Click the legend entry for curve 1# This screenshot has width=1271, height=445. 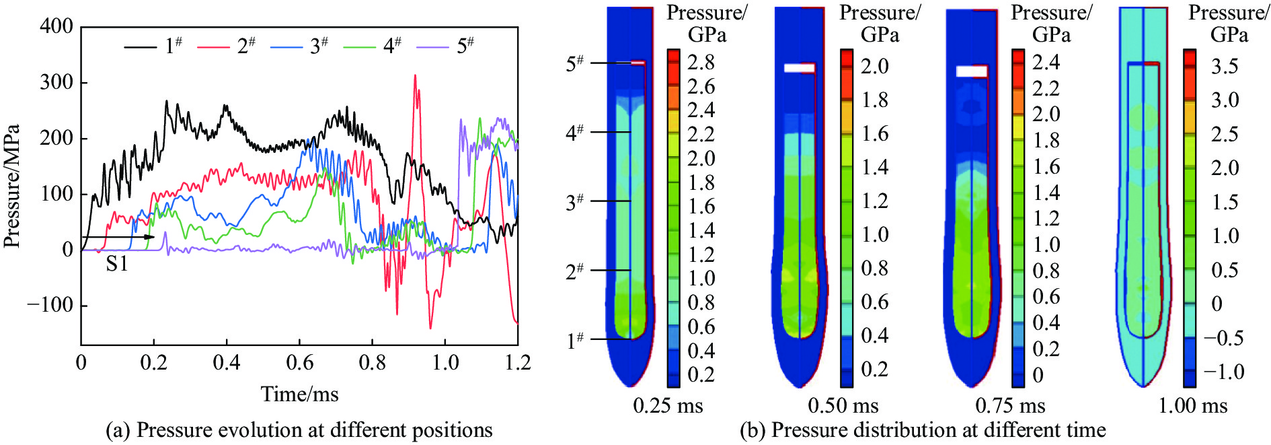pos(153,46)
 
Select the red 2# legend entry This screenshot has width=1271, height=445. pos(226,46)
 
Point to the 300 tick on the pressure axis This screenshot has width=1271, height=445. pos(56,82)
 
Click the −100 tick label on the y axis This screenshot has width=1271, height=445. pos(50,305)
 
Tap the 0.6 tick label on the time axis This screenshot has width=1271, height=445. pos(299,363)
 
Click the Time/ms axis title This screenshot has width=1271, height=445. pos(299,394)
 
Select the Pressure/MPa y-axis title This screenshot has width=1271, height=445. pos(11,186)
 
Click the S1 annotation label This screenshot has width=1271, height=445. pos(117,264)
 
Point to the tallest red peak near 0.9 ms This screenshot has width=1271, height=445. pos(415,76)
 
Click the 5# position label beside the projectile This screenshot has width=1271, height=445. pos(575,63)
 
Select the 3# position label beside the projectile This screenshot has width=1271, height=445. pos(575,201)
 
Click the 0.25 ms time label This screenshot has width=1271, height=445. pos(668,406)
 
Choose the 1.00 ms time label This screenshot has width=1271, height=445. pos(1192,406)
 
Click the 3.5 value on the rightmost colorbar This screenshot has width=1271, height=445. pos(1225,66)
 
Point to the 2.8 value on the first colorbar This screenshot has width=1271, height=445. pos(701,63)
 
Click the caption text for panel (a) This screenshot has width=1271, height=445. pos(299,430)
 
